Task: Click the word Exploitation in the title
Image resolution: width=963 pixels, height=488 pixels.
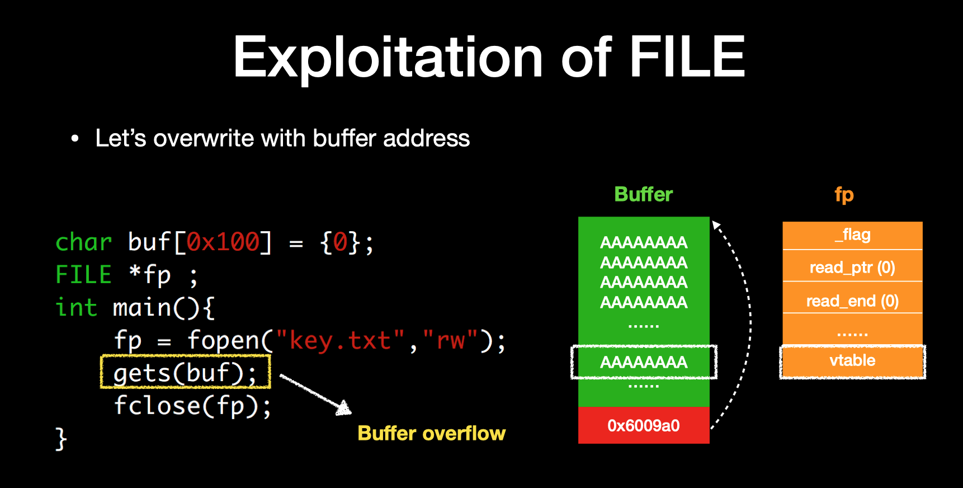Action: (388, 57)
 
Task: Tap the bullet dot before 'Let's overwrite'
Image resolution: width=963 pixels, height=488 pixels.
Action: (75, 139)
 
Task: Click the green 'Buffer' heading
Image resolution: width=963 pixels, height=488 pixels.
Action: (643, 194)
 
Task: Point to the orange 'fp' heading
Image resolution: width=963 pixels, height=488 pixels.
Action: (844, 195)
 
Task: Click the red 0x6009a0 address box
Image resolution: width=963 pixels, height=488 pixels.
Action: (644, 425)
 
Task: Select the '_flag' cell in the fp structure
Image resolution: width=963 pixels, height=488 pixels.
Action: (852, 235)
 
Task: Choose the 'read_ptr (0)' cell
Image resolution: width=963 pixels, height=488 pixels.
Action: (852, 268)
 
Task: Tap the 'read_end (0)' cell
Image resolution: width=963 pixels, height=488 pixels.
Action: (852, 301)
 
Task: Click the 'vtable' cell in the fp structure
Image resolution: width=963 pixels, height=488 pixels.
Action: (852, 361)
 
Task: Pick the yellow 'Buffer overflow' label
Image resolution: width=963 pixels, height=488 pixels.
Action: (431, 433)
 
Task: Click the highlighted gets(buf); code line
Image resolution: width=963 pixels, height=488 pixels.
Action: (185, 373)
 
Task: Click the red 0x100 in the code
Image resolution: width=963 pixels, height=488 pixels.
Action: (223, 242)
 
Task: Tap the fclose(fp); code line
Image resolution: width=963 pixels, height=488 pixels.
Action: (192, 406)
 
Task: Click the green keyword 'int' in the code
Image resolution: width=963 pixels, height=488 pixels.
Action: (77, 308)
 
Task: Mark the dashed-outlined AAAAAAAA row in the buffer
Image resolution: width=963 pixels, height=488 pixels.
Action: (644, 362)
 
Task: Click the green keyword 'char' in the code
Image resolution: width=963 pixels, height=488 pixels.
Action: (84, 242)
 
